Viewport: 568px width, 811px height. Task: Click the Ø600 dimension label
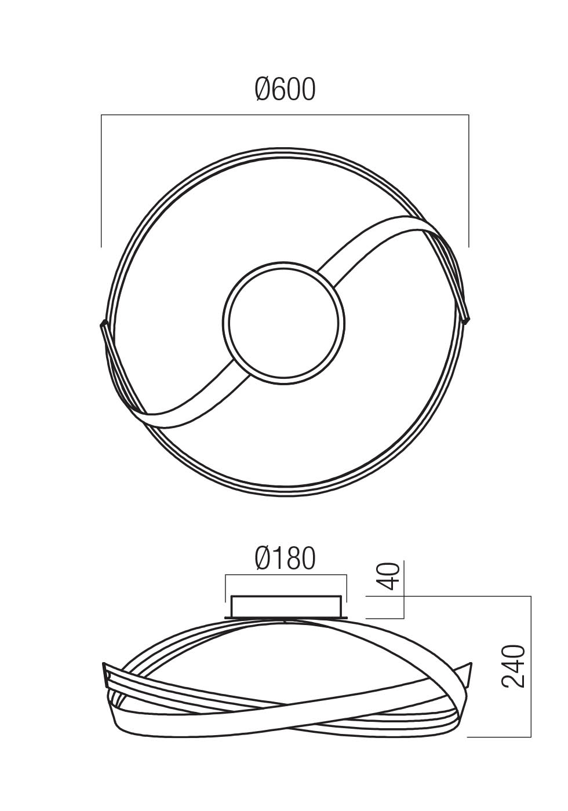click(x=285, y=90)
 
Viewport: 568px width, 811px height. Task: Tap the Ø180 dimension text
click(x=285, y=558)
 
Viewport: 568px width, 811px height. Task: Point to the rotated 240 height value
click(x=514, y=666)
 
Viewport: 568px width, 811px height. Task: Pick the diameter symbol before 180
click(x=264, y=558)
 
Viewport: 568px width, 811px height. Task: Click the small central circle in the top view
click(x=283, y=323)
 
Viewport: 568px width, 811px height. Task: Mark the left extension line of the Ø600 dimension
click(x=101, y=180)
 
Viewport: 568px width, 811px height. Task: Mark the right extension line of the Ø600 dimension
click(x=468, y=180)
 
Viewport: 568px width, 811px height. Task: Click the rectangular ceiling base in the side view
click(x=285, y=606)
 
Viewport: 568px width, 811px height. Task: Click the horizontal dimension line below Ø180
click(x=285, y=575)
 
